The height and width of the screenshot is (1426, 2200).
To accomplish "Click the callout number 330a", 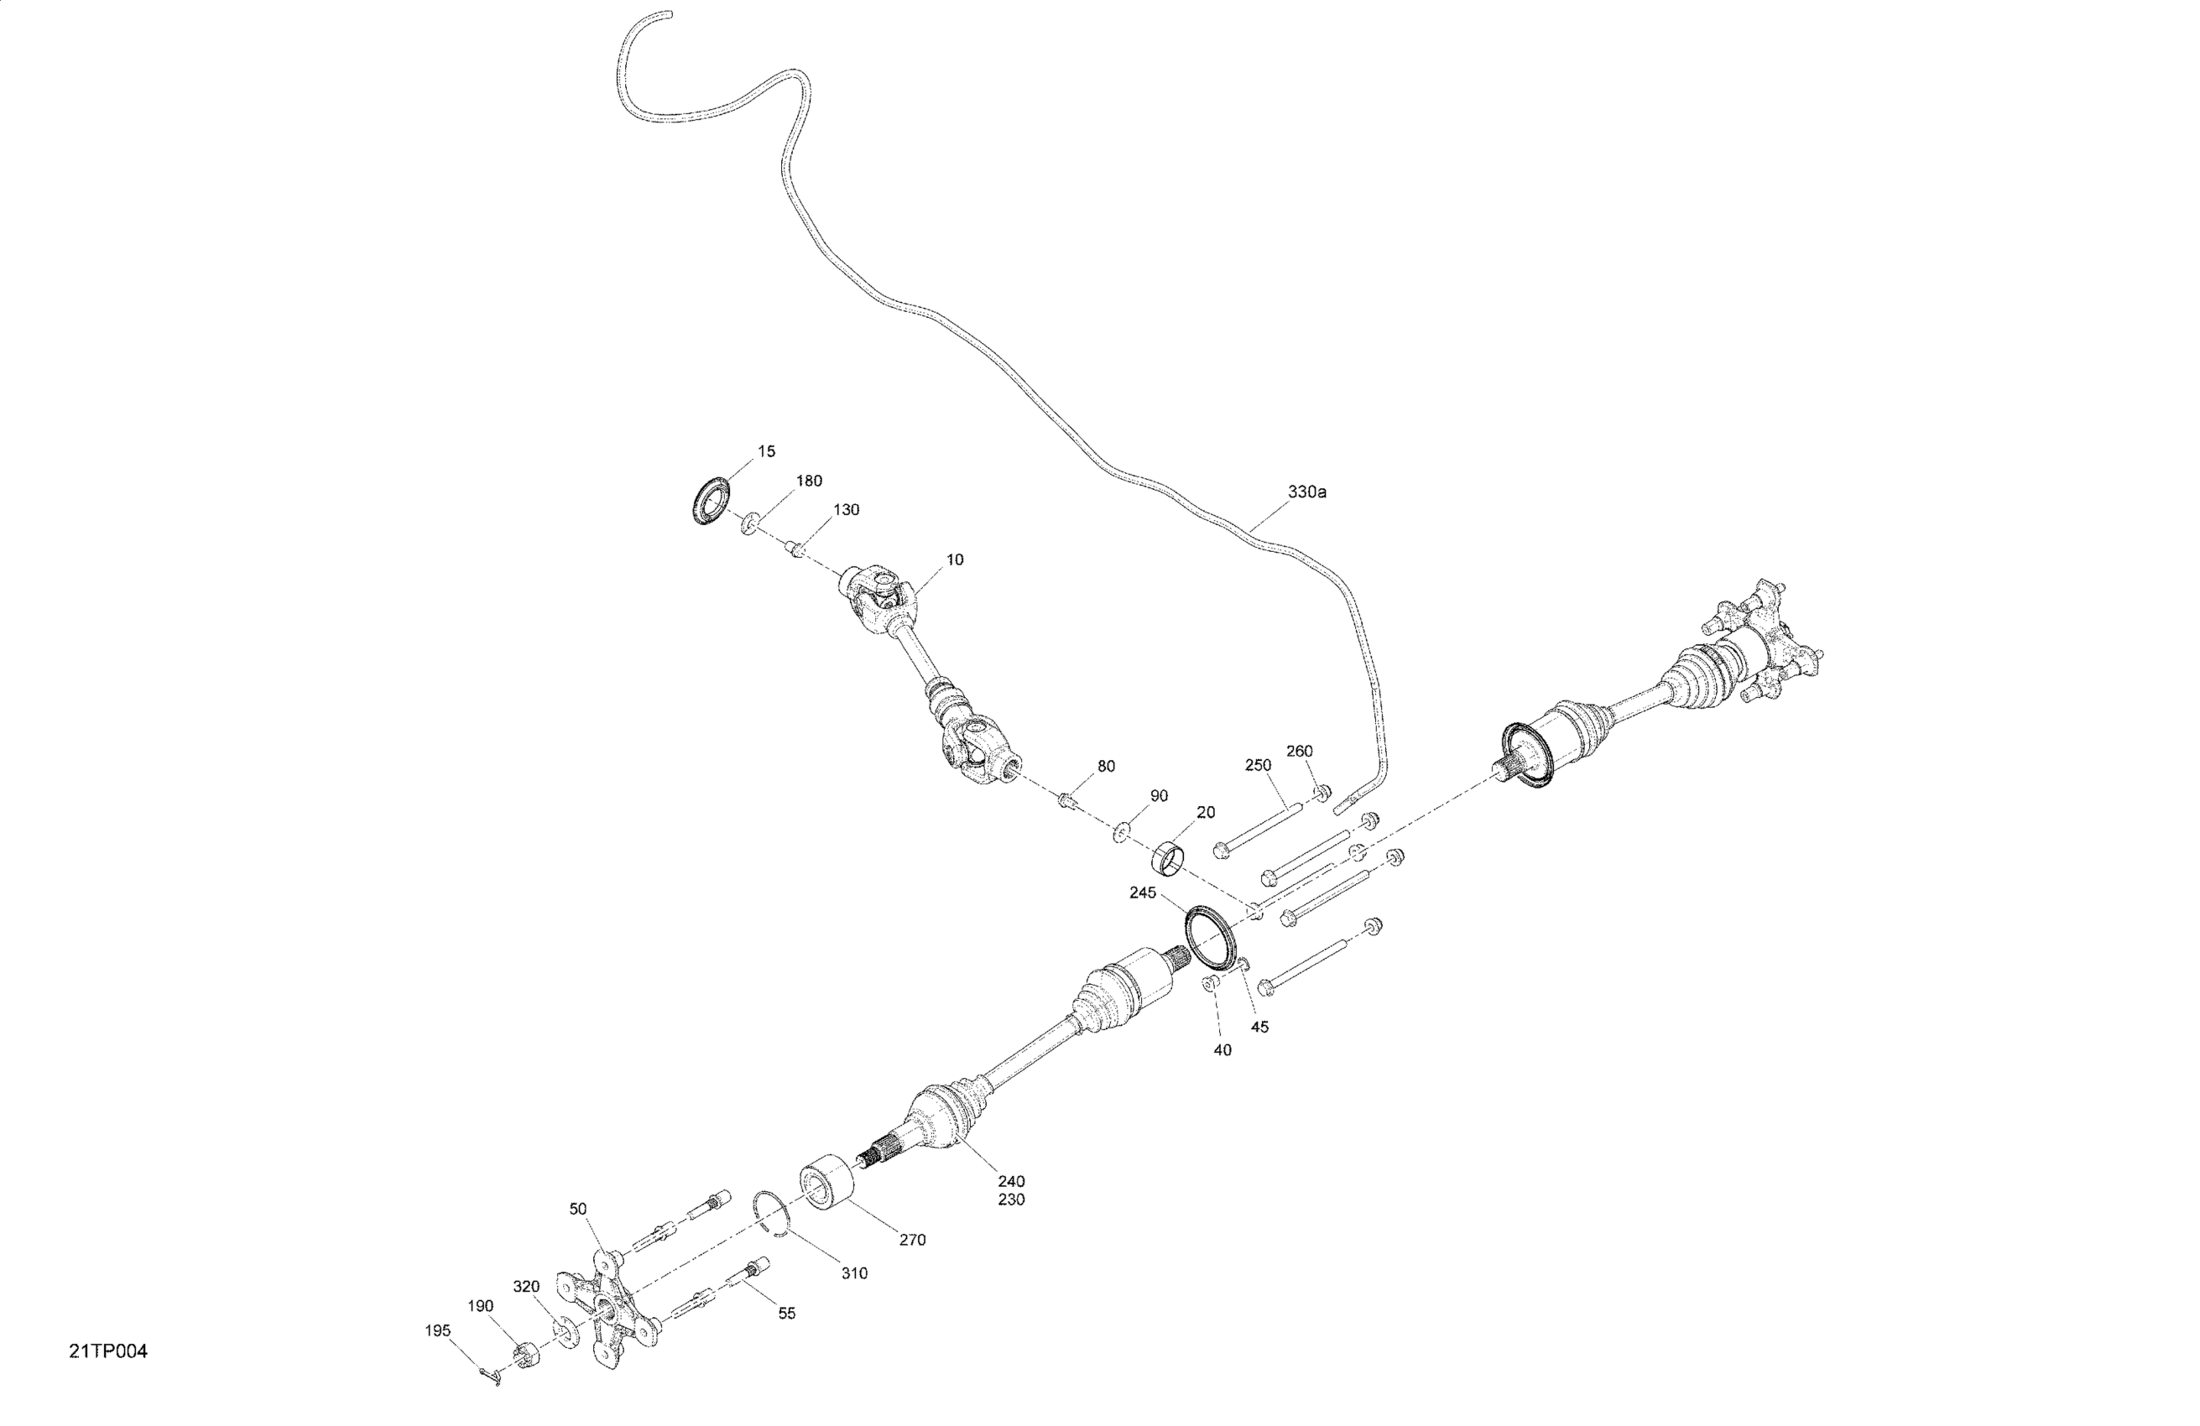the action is (1306, 492).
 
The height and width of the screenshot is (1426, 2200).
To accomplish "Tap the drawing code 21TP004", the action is (108, 1352).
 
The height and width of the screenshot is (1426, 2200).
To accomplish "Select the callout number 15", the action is (766, 452).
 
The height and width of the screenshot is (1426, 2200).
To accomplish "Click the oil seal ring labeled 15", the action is (711, 502).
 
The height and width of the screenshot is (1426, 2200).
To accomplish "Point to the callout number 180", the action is (809, 481).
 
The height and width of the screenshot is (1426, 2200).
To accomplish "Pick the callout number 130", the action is (846, 510).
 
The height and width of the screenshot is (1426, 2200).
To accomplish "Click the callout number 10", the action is (955, 560).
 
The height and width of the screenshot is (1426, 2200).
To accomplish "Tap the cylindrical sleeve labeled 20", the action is (1167, 856).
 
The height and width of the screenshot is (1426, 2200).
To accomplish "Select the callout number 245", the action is (1143, 893).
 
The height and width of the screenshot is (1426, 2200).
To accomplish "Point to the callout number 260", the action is (1299, 752).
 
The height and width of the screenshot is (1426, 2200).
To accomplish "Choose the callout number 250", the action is (1258, 765).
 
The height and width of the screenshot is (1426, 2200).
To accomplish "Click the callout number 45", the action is (1259, 1027).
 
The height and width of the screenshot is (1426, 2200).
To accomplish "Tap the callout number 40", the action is (1222, 1051).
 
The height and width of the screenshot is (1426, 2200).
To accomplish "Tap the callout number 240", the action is (1011, 1181).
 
